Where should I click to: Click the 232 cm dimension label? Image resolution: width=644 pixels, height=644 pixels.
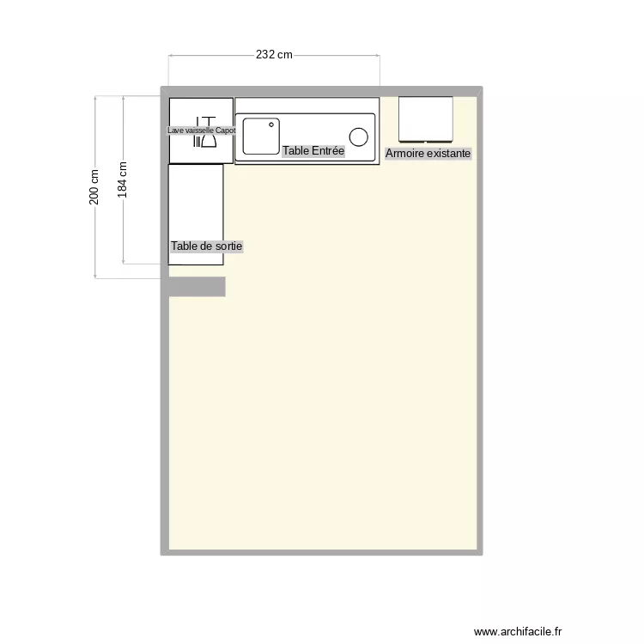click(x=274, y=55)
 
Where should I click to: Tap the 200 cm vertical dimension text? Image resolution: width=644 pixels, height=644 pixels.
click(x=94, y=186)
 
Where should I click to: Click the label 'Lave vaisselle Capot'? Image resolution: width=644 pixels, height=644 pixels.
click(x=201, y=131)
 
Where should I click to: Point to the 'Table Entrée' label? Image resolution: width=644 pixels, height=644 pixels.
click(x=313, y=151)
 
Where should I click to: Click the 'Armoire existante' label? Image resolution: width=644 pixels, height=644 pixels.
click(x=428, y=154)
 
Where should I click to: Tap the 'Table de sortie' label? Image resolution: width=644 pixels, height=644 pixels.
click(x=206, y=246)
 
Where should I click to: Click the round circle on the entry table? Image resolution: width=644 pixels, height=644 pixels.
click(x=358, y=136)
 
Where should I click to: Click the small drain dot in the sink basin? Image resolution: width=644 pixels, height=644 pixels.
click(x=271, y=125)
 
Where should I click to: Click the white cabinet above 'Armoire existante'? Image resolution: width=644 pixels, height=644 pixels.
click(x=425, y=118)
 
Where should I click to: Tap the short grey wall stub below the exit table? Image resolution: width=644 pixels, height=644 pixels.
click(x=197, y=287)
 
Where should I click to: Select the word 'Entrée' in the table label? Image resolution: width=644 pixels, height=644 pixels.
click(x=329, y=151)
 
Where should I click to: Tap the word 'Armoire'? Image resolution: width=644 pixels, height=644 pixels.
click(x=405, y=154)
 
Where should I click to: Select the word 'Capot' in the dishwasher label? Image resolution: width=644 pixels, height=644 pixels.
click(x=225, y=131)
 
